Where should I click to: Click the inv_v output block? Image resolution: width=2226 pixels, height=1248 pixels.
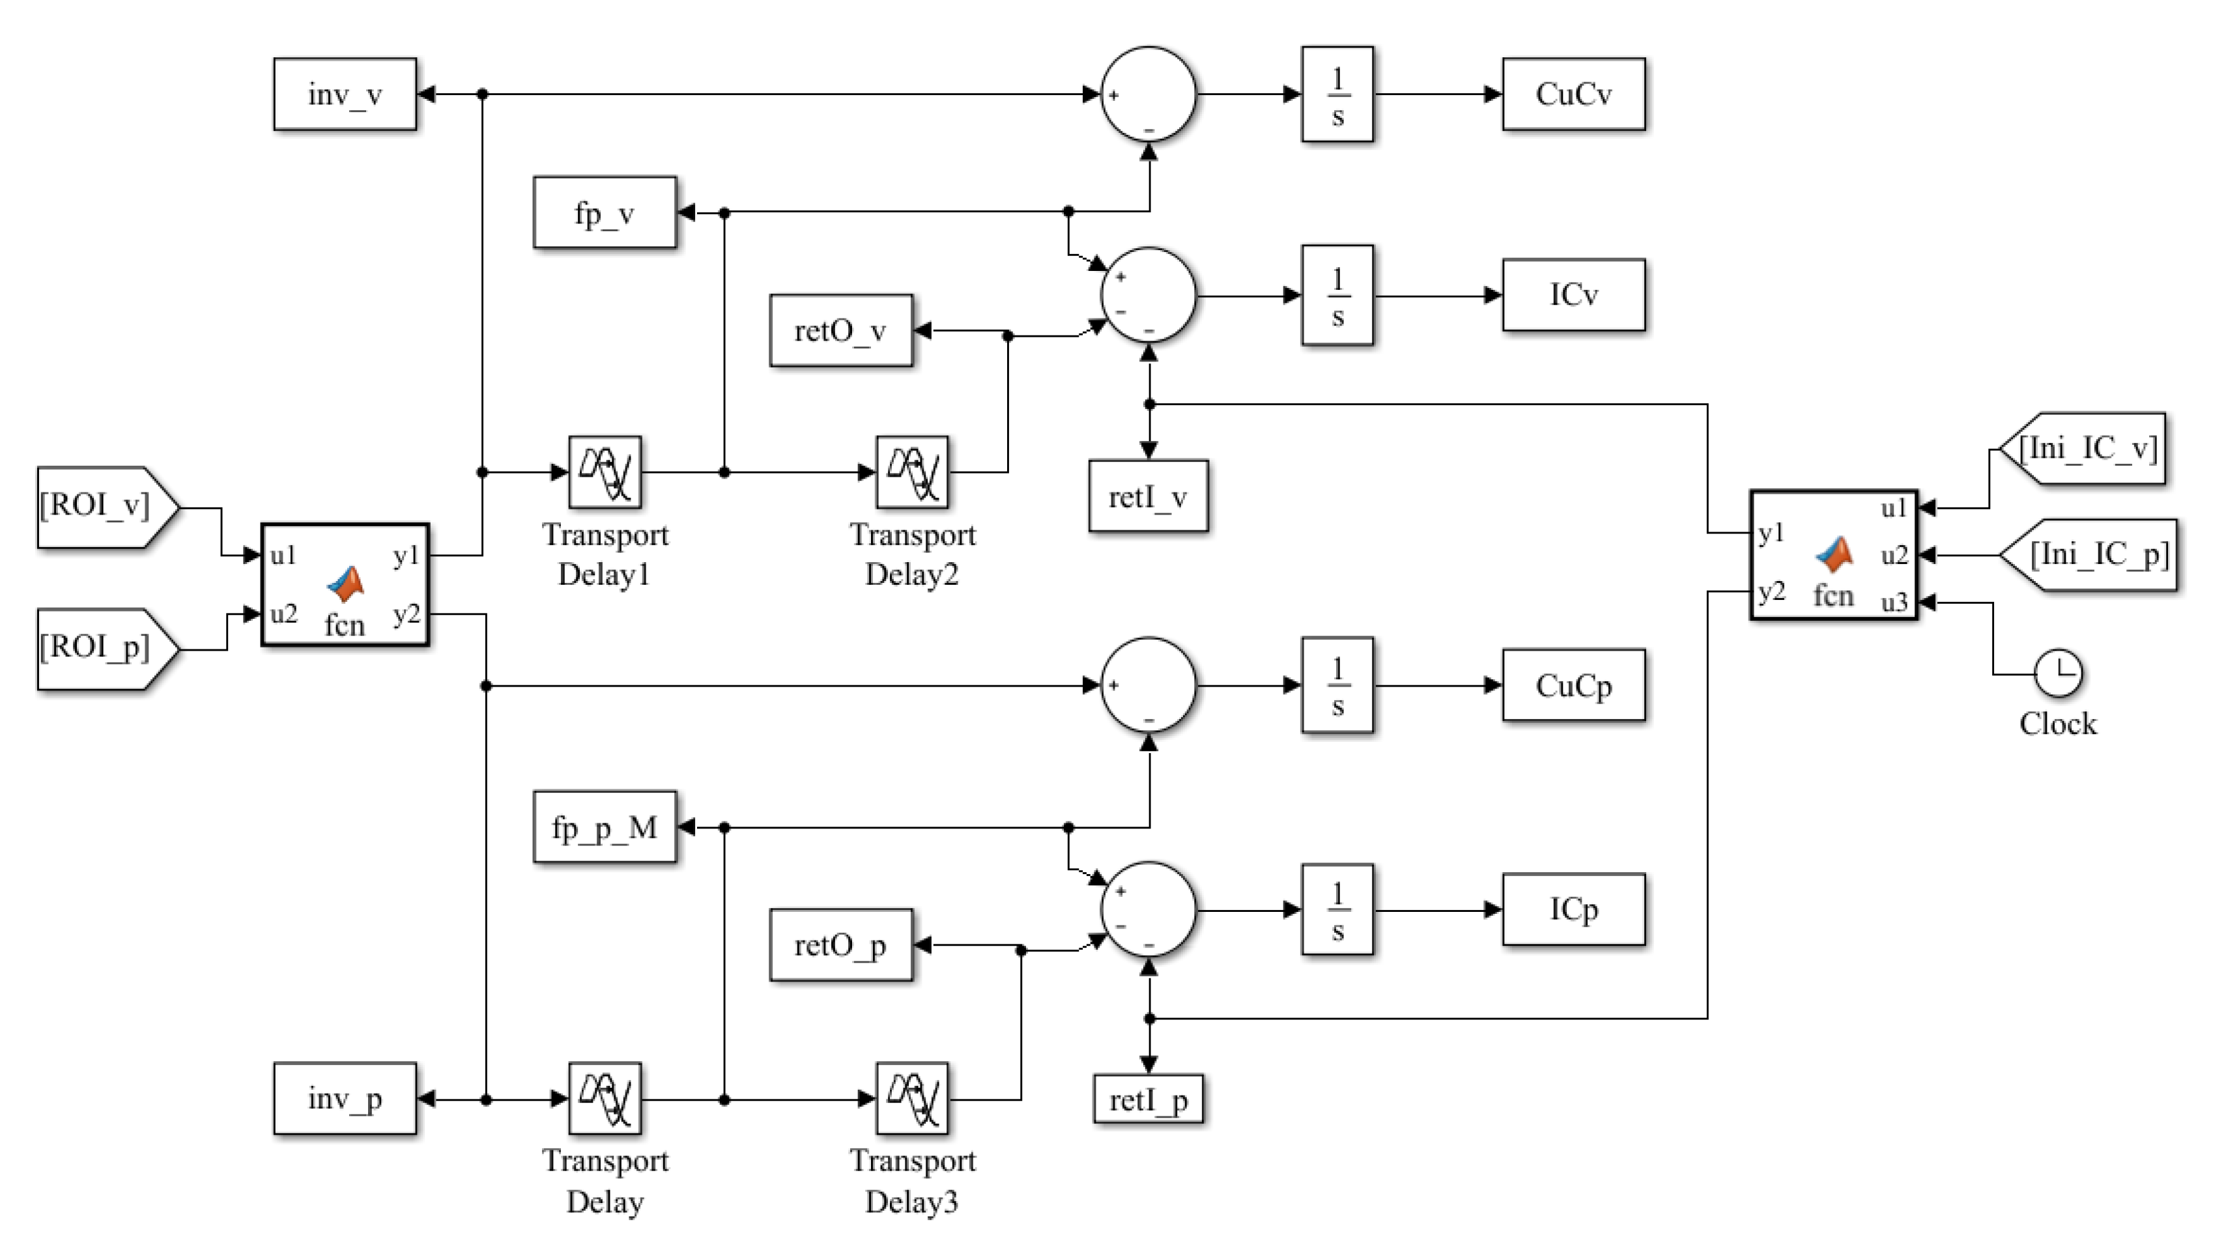coord(345,94)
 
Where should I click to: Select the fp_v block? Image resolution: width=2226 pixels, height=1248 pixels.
coord(605,212)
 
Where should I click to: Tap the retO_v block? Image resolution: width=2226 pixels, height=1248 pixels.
coord(841,331)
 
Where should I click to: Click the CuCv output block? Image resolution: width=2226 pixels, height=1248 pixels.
coord(1574,94)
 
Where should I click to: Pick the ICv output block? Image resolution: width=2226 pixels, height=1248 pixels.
coord(1574,294)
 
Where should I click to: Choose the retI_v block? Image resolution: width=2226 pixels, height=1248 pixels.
coord(1149,496)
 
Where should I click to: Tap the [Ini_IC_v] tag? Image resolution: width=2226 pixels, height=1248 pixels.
coord(2083,449)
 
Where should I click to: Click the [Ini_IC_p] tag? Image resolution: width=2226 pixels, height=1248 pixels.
coord(2089,555)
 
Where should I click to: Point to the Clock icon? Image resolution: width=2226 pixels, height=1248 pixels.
coord(2059,674)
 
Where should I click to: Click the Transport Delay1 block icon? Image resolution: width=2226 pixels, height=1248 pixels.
coord(605,472)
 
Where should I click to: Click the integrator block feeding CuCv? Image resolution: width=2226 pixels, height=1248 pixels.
coord(1337,94)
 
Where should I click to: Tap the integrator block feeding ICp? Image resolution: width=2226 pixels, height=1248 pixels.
coord(1337,909)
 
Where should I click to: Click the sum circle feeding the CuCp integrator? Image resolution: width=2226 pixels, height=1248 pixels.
coord(1149,685)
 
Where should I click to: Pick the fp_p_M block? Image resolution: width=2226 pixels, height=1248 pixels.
coord(605,827)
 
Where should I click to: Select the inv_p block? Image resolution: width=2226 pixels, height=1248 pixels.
coord(345,1098)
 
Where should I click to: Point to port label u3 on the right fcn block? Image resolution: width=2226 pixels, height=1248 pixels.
coord(1894,603)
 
